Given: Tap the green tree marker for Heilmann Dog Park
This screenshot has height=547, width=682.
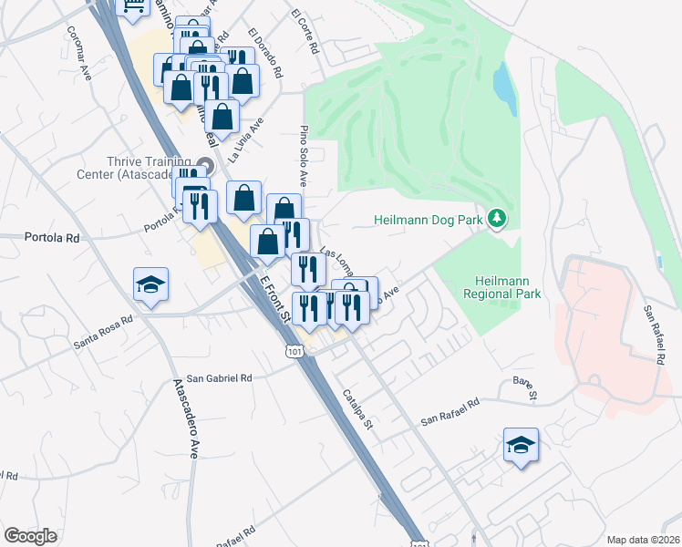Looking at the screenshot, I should tap(497, 219).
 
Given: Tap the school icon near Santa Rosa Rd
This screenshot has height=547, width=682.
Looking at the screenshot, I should tap(150, 284).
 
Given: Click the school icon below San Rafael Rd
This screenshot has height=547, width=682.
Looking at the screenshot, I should tap(521, 446).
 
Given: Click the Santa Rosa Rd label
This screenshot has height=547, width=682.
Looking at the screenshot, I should tap(103, 333).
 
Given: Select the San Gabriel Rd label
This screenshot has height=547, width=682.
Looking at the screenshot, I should tap(218, 377).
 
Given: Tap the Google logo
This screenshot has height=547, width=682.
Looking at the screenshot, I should tap(30, 535).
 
